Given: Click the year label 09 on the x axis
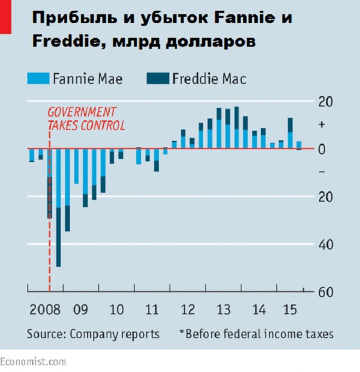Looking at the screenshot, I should click(80, 310).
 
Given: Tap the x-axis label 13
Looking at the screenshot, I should click(223, 310).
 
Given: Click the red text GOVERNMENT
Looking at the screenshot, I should click(82, 112).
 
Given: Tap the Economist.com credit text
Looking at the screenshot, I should click(33, 361).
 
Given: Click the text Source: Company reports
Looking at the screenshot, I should click(93, 334).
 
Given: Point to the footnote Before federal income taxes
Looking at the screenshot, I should click(259, 334).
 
